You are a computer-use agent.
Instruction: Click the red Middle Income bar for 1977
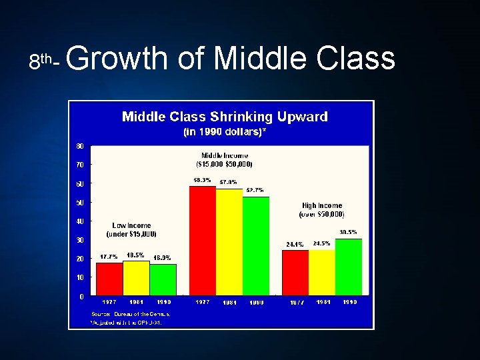click(x=203, y=240)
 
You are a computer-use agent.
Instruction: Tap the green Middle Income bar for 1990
click(x=255, y=246)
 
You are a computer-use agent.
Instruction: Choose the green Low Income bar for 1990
click(x=163, y=279)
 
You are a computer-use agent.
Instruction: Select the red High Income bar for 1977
click(x=295, y=273)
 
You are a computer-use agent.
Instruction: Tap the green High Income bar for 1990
click(x=348, y=267)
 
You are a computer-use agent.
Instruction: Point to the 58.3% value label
click(x=202, y=180)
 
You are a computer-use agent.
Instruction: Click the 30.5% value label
click(x=348, y=232)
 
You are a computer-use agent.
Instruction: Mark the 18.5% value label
click(x=135, y=255)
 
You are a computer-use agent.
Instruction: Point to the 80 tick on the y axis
click(x=80, y=145)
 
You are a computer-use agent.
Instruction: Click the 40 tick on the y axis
click(x=80, y=221)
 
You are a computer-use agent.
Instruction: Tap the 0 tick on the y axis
click(x=81, y=296)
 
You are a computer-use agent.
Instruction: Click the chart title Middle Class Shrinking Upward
click(x=225, y=117)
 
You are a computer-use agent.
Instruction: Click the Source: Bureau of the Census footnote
click(x=131, y=313)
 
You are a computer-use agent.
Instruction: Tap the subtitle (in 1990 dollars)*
click(x=225, y=132)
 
